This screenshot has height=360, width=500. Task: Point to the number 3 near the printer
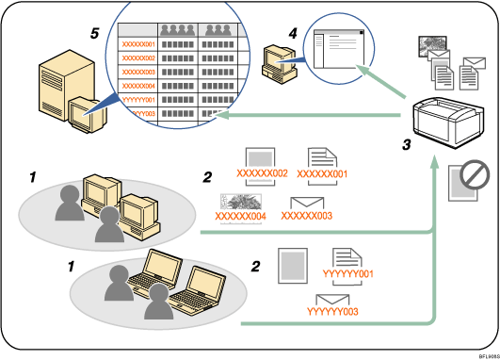point(406,146)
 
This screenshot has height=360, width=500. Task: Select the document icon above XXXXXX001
point(321,158)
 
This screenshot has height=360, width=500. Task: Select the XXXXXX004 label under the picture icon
point(242,217)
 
